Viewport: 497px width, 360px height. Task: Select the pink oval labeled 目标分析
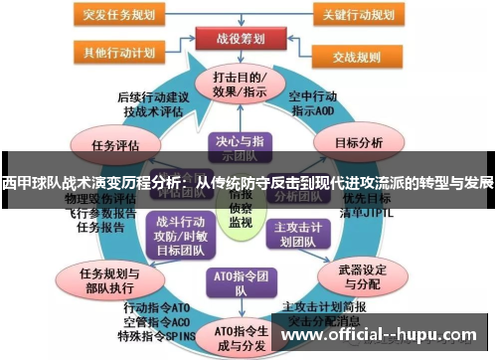[x=358, y=142]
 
